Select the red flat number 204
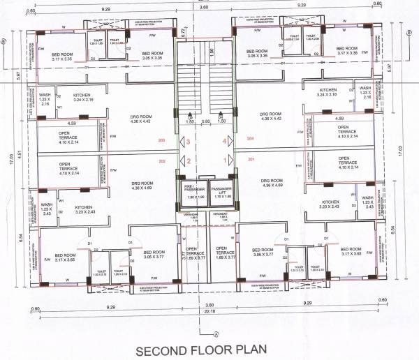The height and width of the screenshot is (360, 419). tap(251, 139)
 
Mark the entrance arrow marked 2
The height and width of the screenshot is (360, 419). tap(186, 160)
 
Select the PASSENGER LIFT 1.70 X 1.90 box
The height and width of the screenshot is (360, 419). tap(221, 193)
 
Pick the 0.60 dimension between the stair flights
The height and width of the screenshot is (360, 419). tap(207, 121)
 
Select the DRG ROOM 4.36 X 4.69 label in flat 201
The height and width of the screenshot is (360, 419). tap(270, 182)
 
